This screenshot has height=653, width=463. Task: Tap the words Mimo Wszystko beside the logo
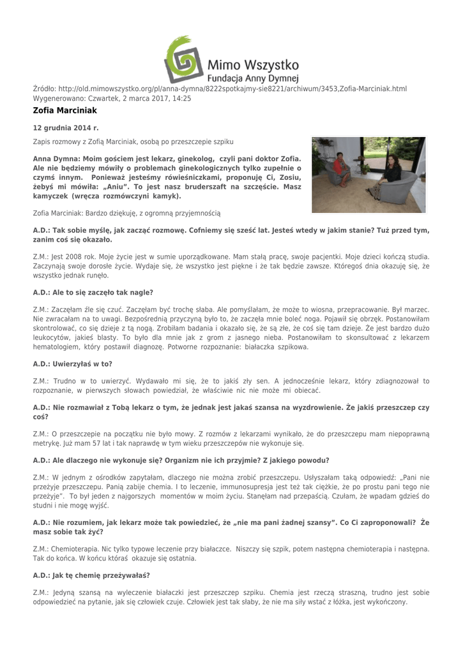click(254, 64)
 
